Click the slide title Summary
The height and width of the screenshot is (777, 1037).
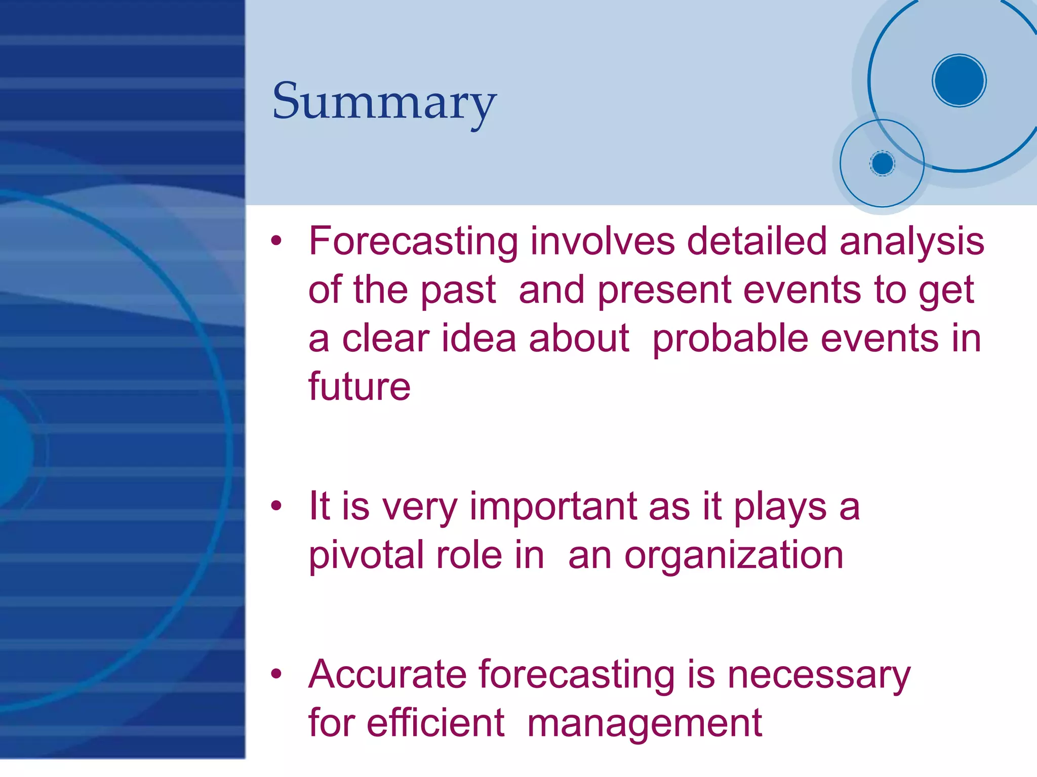tap(384, 102)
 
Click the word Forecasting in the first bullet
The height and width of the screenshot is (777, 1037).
tap(413, 241)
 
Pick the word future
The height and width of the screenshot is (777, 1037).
tap(359, 387)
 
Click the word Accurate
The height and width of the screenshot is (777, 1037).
tap(387, 675)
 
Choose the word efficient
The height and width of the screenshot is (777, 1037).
tap(435, 723)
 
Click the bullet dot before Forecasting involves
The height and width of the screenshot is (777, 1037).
tap(275, 241)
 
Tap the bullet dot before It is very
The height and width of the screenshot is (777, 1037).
tap(275, 506)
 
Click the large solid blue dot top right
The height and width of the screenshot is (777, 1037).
tap(959, 80)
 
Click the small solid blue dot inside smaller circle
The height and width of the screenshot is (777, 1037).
tap(882, 163)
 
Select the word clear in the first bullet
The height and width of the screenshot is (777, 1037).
tap(385, 339)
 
